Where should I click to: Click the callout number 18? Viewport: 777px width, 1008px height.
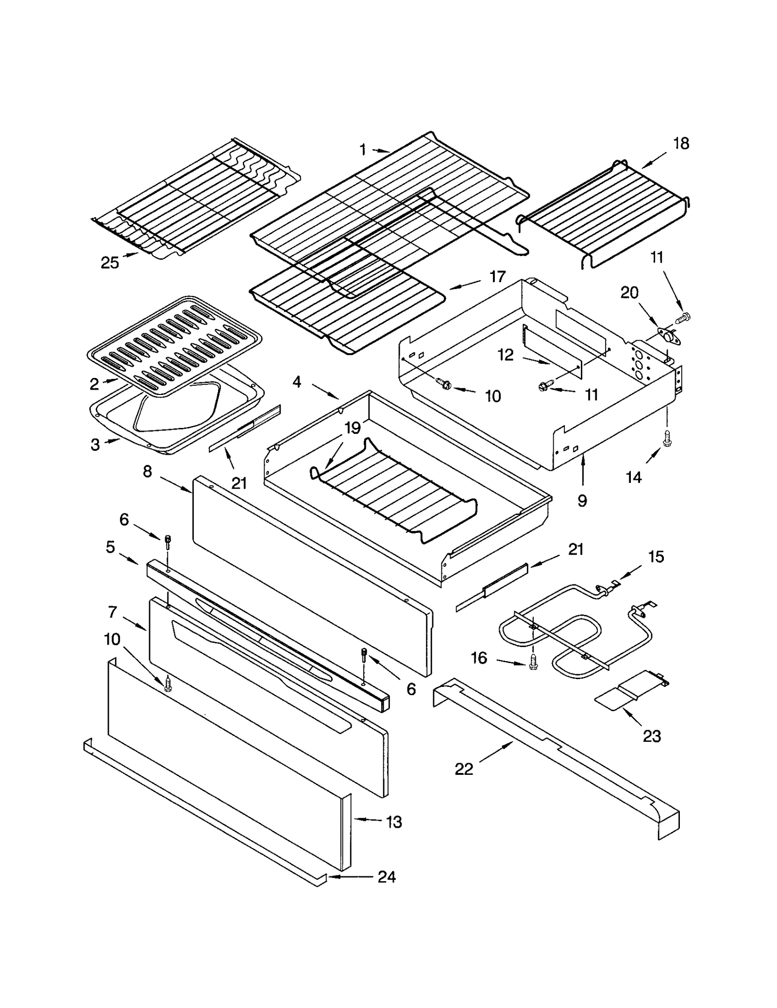click(681, 144)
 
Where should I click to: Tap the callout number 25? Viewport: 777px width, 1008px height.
click(110, 263)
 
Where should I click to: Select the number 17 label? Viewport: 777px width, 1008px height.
click(497, 277)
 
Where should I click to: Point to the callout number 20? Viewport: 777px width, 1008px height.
click(629, 292)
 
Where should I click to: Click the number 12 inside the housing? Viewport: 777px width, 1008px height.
click(505, 355)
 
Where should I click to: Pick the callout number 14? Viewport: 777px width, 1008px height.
click(633, 478)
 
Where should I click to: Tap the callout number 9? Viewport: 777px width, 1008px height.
click(582, 500)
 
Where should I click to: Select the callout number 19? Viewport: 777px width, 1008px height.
click(353, 428)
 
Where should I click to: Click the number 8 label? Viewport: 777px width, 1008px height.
click(148, 471)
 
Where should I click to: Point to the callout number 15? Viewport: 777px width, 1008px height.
click(656, 557)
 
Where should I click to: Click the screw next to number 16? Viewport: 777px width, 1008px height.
click(533, 662)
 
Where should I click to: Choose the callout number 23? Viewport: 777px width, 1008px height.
click(652, 736)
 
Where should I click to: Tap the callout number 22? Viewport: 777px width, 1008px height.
click(464, 769)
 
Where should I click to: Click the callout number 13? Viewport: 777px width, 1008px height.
click(394, 822)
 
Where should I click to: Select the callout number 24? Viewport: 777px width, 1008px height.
click(387, 877)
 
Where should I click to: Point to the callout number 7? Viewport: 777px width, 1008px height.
click(112, 612)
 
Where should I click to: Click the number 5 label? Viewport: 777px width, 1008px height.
click(111, 547)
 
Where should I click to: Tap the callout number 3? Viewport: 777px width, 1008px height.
click(95, 444)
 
